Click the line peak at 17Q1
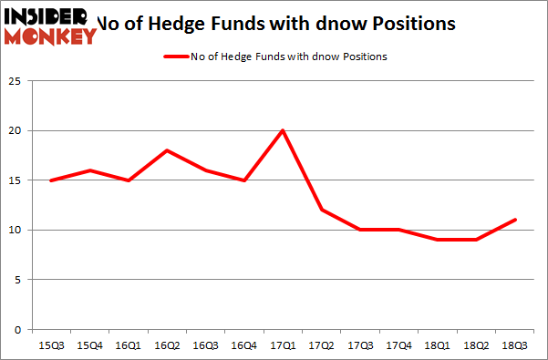[283, 130]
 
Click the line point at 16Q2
[167, 150]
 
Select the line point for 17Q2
[322, 210]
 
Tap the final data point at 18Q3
[515, 220]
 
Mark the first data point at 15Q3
[51, 180]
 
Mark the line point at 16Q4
[244, 180]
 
